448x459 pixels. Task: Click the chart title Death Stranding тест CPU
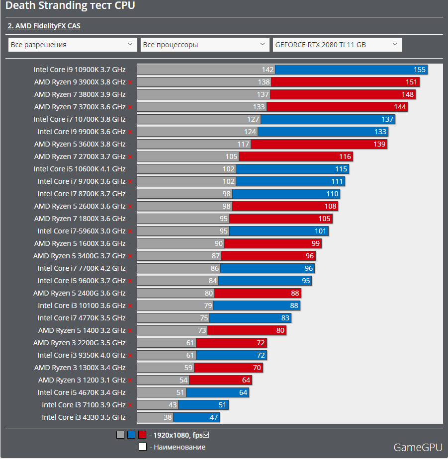70,6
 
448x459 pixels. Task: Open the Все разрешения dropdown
73,45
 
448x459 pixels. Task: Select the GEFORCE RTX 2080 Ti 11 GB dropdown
337,45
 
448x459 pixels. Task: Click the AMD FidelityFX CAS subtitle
44,26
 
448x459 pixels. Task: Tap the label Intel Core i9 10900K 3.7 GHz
80,70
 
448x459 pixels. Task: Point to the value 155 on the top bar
419,70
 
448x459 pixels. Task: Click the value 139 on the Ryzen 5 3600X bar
379,144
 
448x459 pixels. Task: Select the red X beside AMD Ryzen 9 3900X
130,82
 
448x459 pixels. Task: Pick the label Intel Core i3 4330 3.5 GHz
84,417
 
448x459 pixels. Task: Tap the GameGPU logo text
418,447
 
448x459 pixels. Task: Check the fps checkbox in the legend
206,435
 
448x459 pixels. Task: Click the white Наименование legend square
143,447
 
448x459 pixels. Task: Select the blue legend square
131,435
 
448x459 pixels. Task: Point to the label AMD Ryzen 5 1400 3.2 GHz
82,330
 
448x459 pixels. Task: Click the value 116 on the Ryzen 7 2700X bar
345,156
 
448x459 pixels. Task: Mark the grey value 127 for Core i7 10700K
253,119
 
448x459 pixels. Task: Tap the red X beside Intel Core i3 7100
130,405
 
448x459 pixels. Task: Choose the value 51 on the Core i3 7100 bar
222,405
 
